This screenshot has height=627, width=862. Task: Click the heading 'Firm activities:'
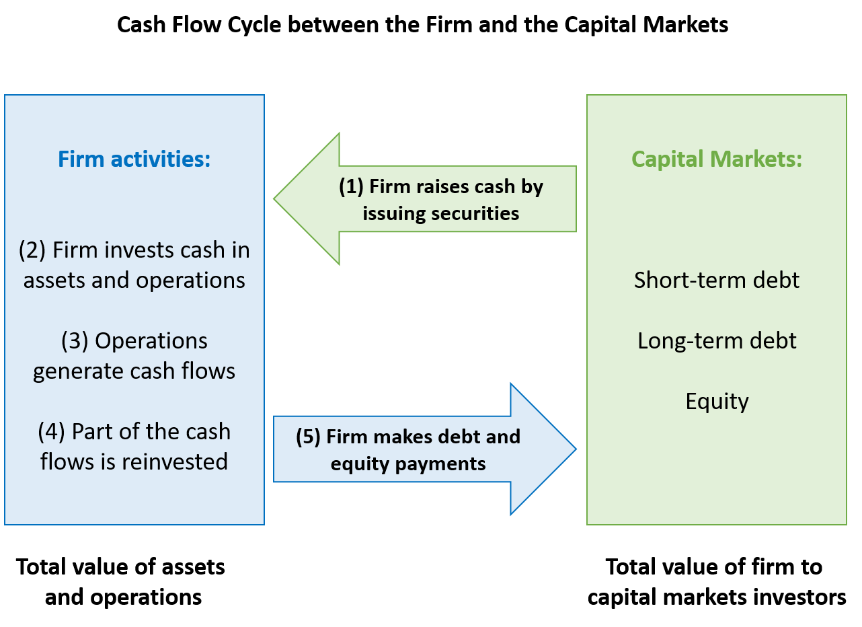pos(134,159)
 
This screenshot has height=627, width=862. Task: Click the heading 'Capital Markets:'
pos(716,159)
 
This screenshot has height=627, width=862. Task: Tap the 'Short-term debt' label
pos(716,280)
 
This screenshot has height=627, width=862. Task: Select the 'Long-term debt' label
pos(716,340)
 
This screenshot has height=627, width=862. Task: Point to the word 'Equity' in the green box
pos(717,402)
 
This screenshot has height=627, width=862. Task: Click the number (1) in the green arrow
pos(350,186)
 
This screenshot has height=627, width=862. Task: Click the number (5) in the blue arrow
pos(308,437)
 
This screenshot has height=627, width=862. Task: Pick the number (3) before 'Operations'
pos(75,341)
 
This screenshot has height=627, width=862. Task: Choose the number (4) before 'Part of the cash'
pos(51,432)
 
